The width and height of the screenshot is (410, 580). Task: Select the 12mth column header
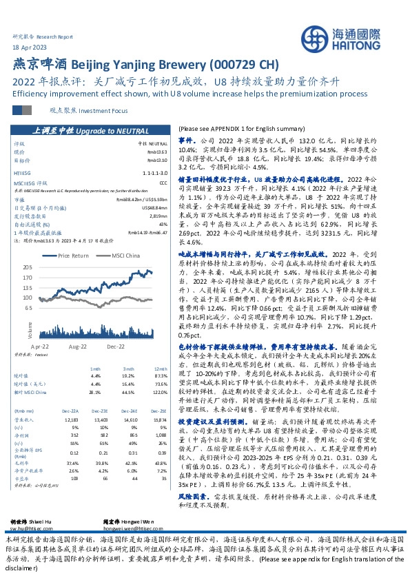(x=161, y=369)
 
